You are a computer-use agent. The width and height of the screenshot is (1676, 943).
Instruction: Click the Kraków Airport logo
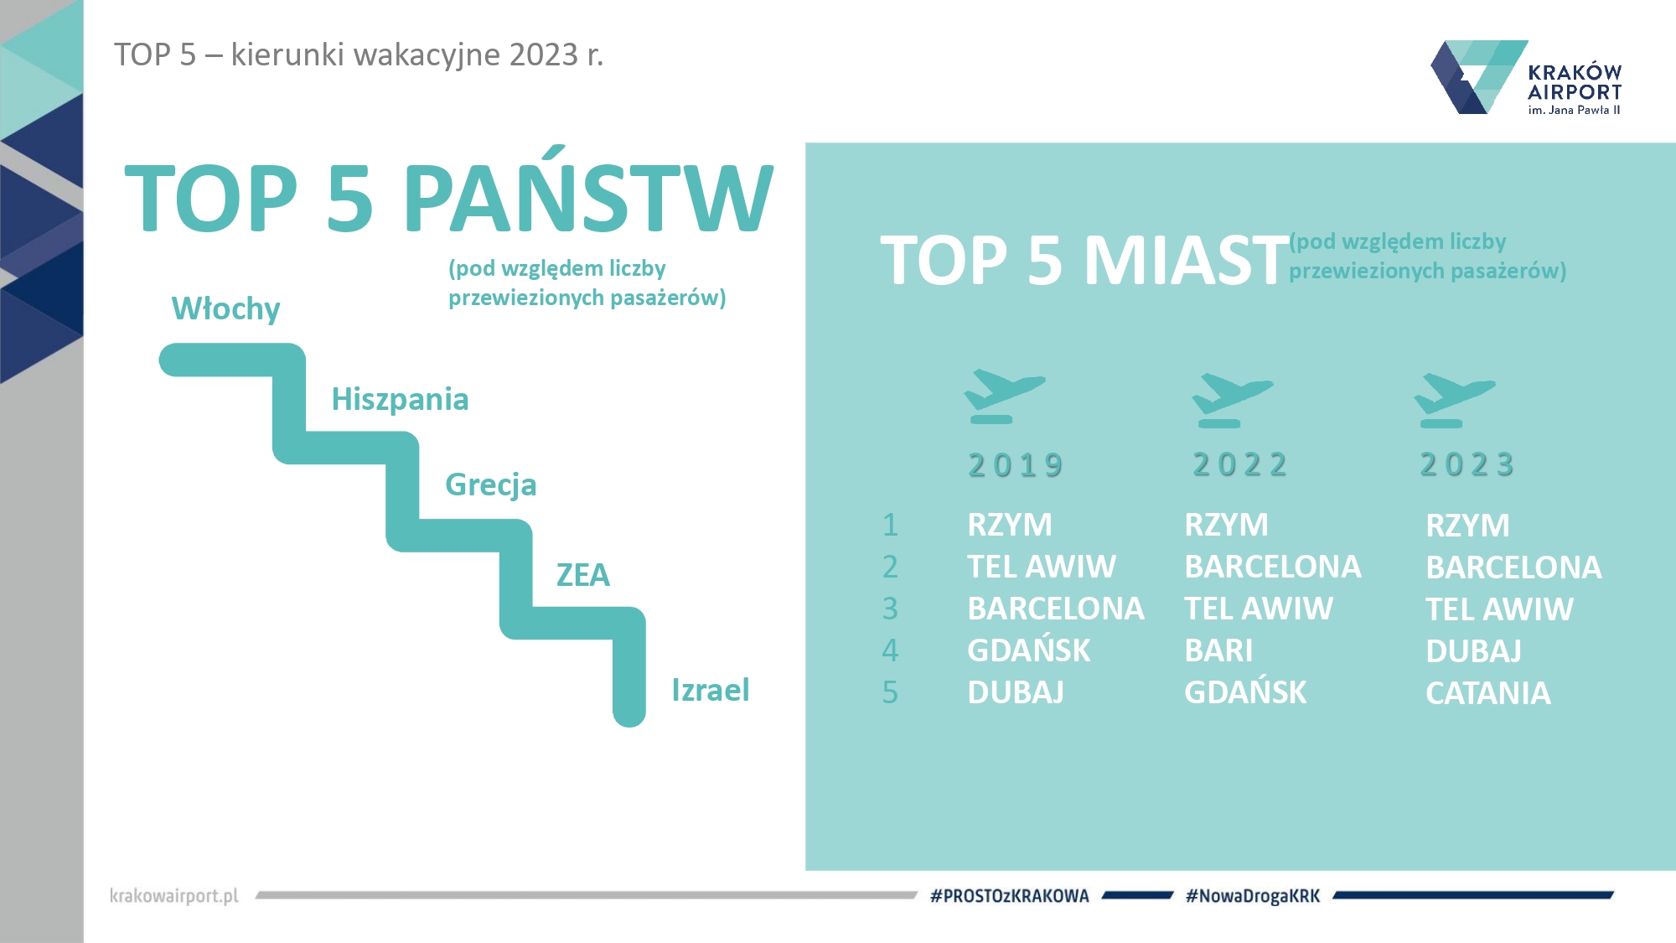(1526, 77)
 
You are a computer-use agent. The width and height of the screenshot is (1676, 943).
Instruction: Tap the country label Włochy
(225, 309)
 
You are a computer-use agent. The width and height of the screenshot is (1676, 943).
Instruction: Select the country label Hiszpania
(400, 400)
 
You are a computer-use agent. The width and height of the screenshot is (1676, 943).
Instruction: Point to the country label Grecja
(490, 485)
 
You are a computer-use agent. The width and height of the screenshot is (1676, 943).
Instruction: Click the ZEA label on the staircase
(583, 575)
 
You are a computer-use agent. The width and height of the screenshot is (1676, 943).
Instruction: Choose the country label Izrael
(711, 690)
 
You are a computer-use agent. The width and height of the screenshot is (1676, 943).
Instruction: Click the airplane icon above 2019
(1004, 396)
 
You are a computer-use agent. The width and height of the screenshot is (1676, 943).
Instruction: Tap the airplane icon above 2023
(1454, 401)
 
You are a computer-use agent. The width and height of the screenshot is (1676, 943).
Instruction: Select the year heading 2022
(1240, 464)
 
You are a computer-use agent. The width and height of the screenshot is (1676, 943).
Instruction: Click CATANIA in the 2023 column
(1488, 693)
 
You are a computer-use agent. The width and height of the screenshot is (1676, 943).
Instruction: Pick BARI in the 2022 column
(1218, 650)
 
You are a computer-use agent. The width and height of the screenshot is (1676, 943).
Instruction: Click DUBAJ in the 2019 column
(1016, 692)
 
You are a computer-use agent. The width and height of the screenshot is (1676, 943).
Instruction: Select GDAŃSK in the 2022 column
(1245, 691)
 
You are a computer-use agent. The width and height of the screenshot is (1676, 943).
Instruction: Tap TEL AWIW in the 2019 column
(1042, 567)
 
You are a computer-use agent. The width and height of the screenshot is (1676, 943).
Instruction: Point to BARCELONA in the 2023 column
(1513, 567)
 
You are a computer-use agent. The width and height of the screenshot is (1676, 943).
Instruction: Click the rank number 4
(890, 650)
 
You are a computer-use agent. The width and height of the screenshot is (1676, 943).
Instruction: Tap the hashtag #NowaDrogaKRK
(1253, 896)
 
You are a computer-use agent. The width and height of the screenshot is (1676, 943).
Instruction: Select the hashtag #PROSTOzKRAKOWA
(1010, 896)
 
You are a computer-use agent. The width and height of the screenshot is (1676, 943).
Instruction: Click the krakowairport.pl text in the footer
(174, 896)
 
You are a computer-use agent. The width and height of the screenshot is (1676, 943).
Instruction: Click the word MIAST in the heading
(1187, 261)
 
